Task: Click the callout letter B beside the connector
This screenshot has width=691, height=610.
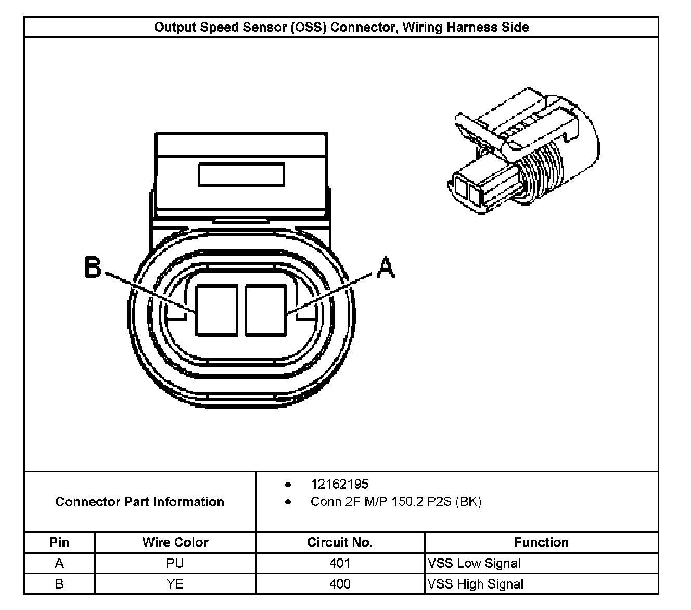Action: coord(94,269)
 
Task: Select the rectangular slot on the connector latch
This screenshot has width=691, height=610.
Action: coord(241,174)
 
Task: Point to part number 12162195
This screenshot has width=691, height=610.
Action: coord(339,484)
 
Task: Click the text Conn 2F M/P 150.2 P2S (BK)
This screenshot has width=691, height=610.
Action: coord(396,502)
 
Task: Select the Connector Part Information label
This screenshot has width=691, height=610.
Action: coord(139,502)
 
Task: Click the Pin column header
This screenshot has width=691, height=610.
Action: coord(59,542)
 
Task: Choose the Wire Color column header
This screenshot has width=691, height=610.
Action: coord(175,542)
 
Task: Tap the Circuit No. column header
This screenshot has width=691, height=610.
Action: coord(340,542)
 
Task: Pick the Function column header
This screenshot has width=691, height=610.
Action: coord(541,542)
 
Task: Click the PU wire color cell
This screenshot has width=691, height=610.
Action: coord(175,563)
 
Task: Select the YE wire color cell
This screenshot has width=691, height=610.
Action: coord(175,584)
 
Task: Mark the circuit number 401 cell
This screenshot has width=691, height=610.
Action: coord(340,563)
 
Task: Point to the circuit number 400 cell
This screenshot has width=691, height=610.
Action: coord(340,584)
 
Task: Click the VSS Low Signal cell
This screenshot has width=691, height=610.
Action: coord(474,563)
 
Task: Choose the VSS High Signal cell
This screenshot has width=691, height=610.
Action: coord(476,584)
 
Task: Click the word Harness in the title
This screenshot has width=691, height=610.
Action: coord(475,27)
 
